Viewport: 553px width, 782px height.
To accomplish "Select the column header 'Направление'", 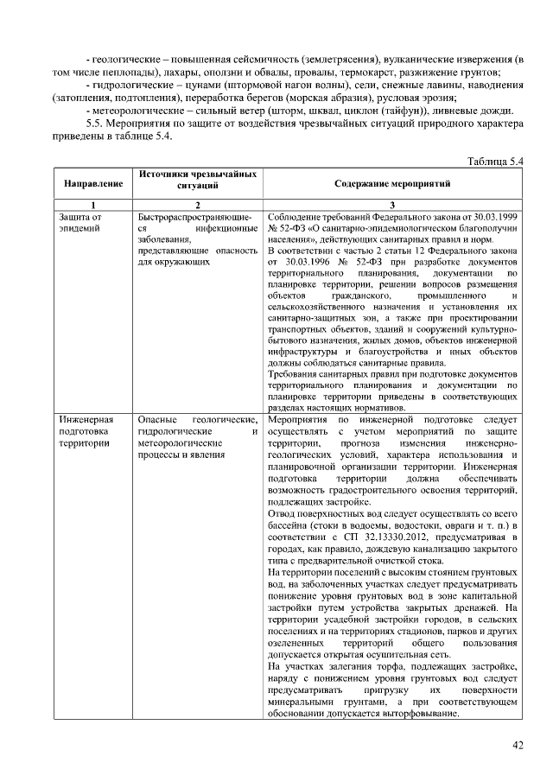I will (x=87, y=184).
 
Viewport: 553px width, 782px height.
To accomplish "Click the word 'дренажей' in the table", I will (x=480, y=607).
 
